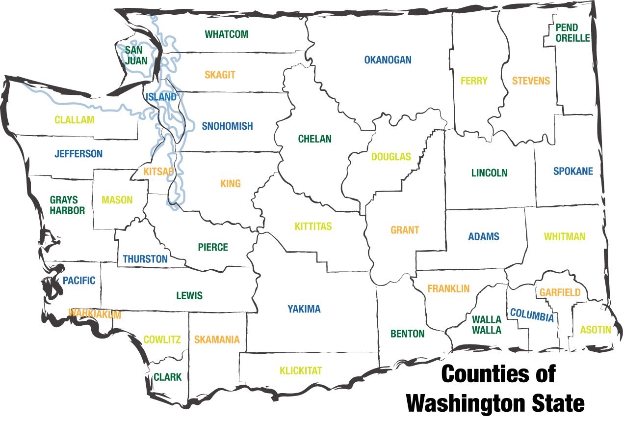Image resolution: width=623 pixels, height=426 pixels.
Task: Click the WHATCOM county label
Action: [x=227, y=34]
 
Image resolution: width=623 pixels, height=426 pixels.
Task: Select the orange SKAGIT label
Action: [x=220, y=75]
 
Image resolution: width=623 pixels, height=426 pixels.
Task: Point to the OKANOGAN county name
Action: [x=388, y=60]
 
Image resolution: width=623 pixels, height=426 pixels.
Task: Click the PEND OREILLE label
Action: [x=572, y=33]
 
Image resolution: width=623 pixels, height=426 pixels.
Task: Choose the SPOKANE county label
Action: [x=573, y=171]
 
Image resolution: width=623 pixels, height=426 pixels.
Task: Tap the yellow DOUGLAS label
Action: [x=391, y=157]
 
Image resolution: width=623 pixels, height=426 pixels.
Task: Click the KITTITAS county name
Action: [x=313, y=227]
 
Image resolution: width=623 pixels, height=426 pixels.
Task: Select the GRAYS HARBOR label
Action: [x=67, y=205]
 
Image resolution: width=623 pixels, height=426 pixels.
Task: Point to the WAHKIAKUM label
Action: [x=95, y=313]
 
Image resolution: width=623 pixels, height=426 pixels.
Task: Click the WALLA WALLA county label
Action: [x=487, y=325]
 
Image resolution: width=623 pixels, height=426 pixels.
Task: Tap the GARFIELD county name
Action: [x=560, y=293]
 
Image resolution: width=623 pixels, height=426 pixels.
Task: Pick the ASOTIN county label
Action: [x=596, y=330]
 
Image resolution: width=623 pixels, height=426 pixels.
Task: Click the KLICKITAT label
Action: [x=301, y=370]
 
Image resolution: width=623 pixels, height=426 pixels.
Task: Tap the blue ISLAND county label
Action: [x=160, y=97]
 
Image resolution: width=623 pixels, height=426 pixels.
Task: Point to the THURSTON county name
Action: [x=145, y=259]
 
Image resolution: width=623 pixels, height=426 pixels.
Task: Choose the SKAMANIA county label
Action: [x=217, y=340]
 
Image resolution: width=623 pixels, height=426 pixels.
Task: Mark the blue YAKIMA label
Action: [x=304, y=309]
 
